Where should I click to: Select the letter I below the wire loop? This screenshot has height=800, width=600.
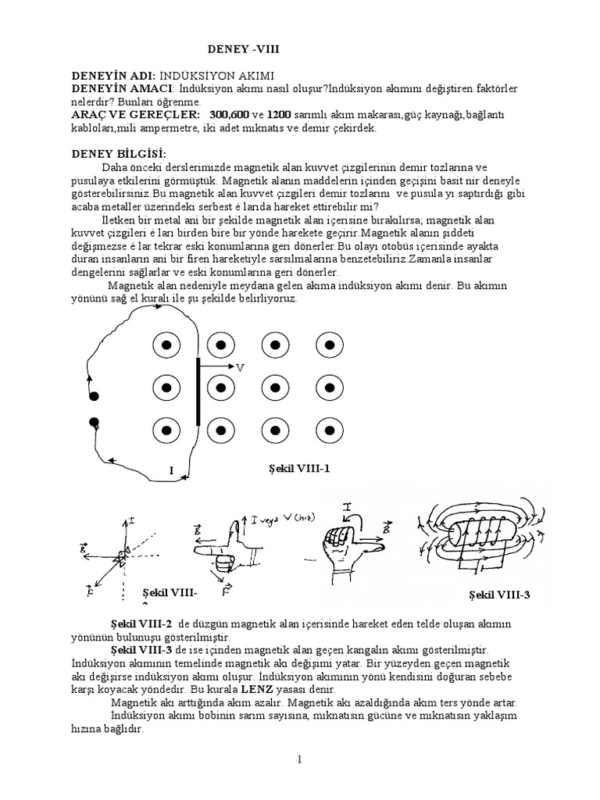[x=170, y=470]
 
